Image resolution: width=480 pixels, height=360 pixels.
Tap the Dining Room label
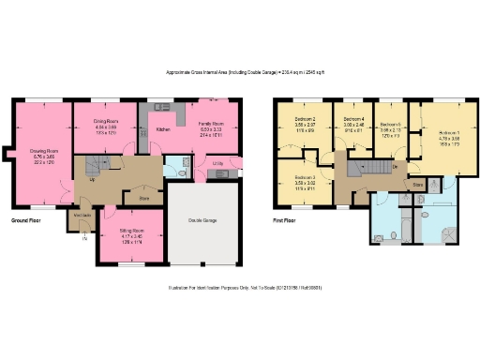tap(100, 121)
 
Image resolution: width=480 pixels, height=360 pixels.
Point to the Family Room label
tap(210, 123)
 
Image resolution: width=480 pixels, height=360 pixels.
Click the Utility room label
tap(217, 163)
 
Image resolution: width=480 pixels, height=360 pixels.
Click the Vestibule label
tap(82, 215)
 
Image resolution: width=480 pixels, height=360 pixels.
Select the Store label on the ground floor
tap(143, 198)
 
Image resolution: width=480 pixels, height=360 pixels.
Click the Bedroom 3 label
tap(306, 177)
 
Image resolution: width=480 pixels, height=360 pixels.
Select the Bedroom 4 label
tap(353, 120)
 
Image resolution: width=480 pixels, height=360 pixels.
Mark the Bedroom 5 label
tap(391, 125)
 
